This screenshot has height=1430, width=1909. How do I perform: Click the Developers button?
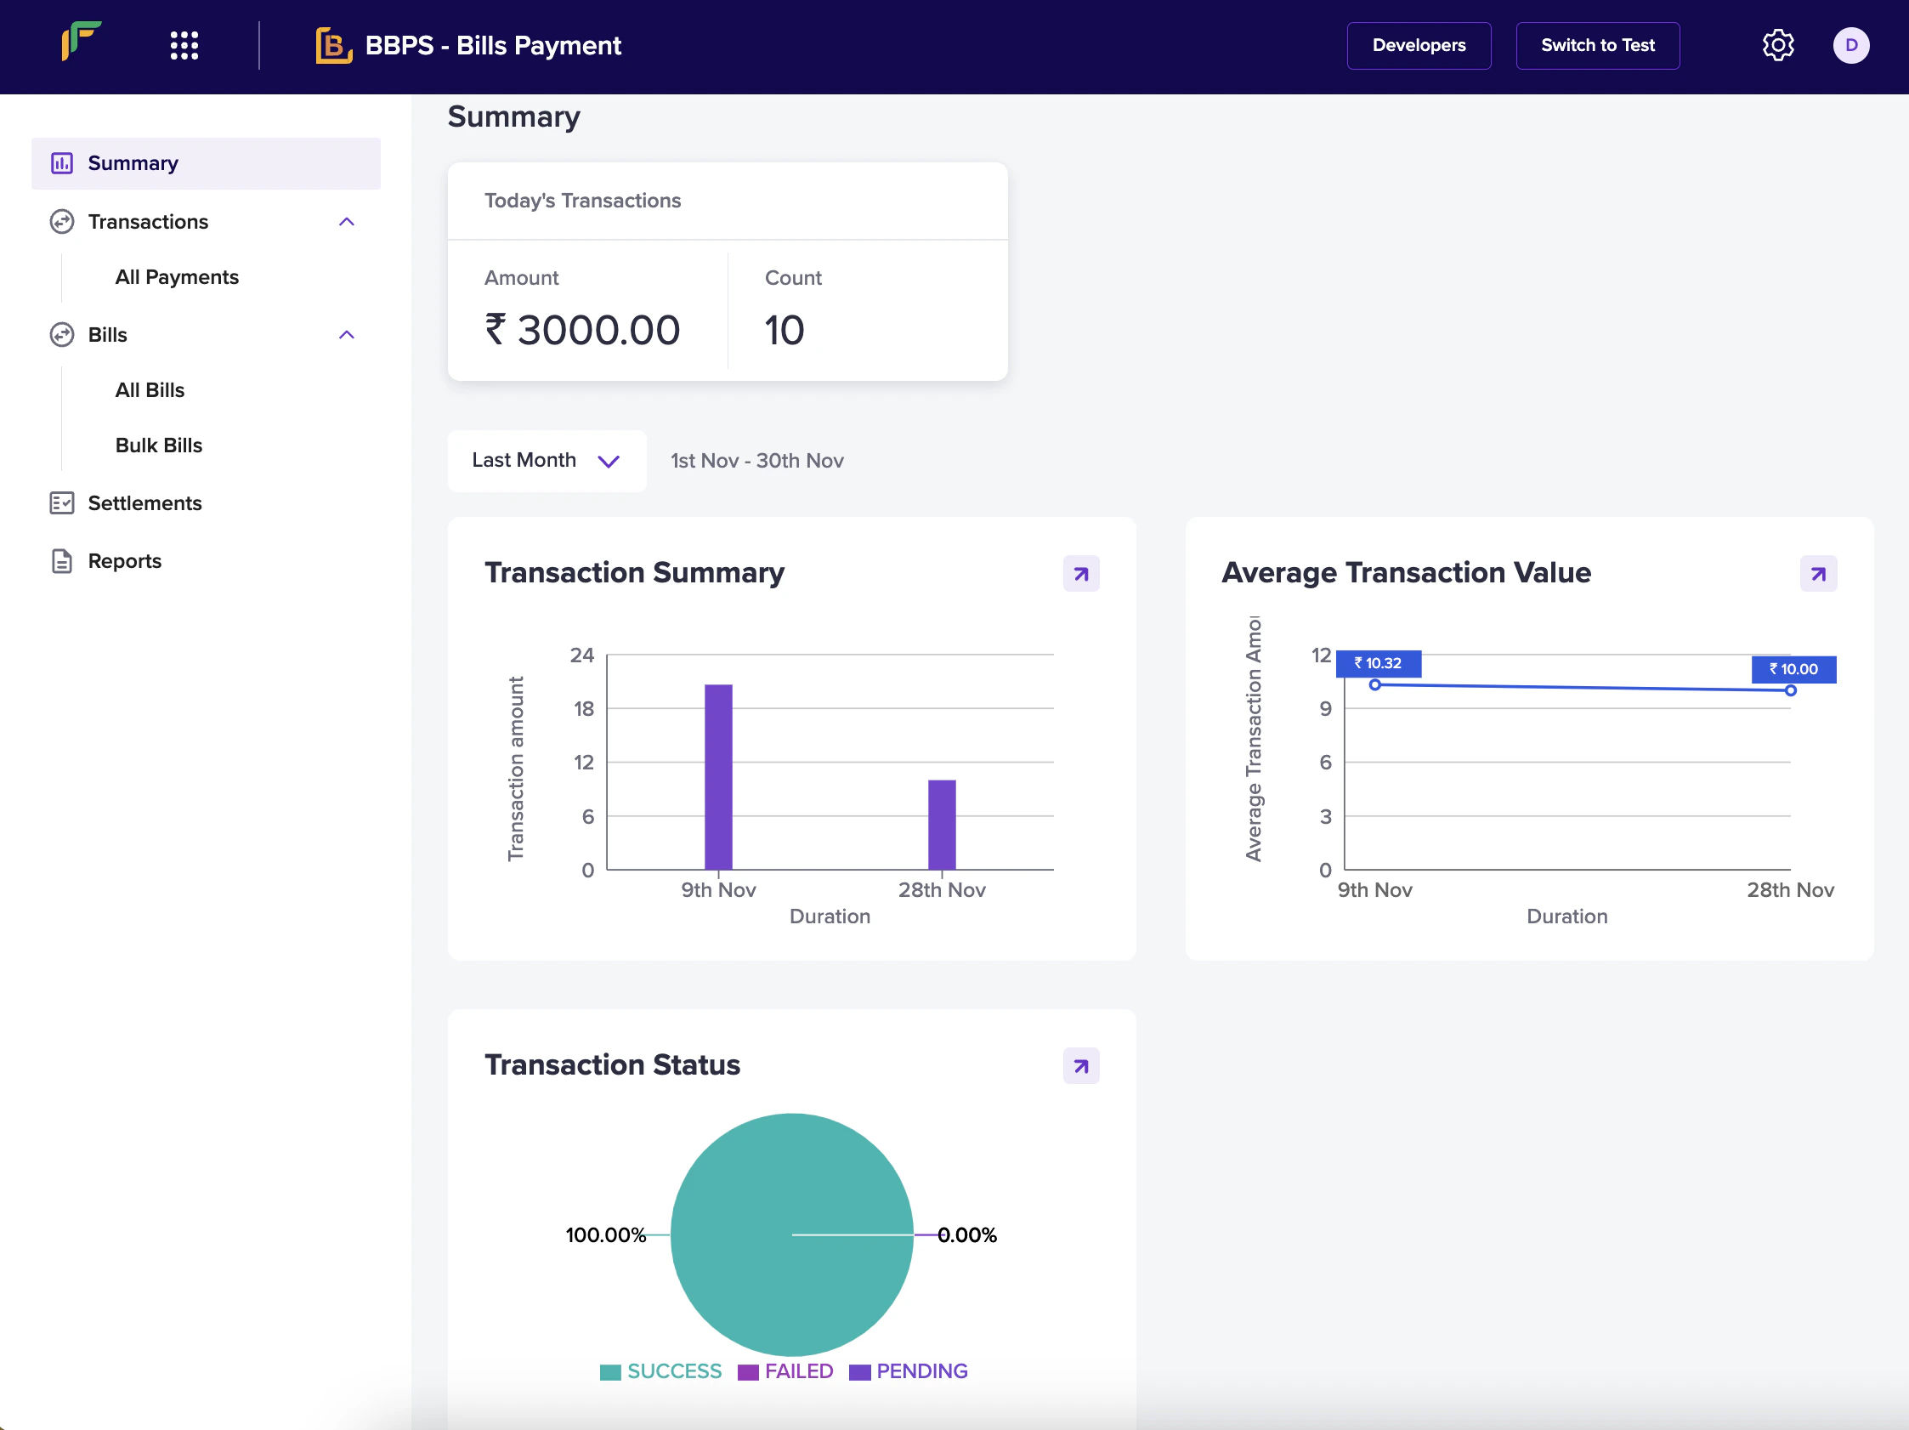tap(1418, 46)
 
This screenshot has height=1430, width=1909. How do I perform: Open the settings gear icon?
tap(1777, 46)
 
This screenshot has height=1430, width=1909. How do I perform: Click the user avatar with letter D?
tap(1850, 46)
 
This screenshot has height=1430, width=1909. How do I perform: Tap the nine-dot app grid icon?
tap(184, 46)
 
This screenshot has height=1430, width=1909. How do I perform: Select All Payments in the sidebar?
tap(177, 277)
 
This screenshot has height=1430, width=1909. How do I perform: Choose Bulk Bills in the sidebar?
tap(159, 445)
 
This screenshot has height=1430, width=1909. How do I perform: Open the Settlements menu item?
tap(144, 503)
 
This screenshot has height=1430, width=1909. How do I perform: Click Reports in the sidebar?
tap(124, 561)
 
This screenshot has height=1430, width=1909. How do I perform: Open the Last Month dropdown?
tap(547, 461)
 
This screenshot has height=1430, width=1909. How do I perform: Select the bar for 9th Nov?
tap(718, 777)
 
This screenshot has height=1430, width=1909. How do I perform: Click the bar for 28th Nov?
tap(942, 824)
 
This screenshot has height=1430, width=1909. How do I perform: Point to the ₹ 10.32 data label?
tap(1378, 663)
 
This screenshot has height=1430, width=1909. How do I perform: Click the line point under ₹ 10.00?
tap(1791, 690)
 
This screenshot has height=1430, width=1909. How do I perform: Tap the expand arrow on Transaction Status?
tap(1080, 1066)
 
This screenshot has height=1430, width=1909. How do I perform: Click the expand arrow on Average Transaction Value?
tap(1817, 574)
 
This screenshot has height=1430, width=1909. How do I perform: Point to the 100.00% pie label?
tap(605, 1235)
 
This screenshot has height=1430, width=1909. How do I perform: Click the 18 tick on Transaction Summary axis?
tap(584, 708)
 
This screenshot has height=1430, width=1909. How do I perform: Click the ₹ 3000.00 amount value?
tap(582, 331)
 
